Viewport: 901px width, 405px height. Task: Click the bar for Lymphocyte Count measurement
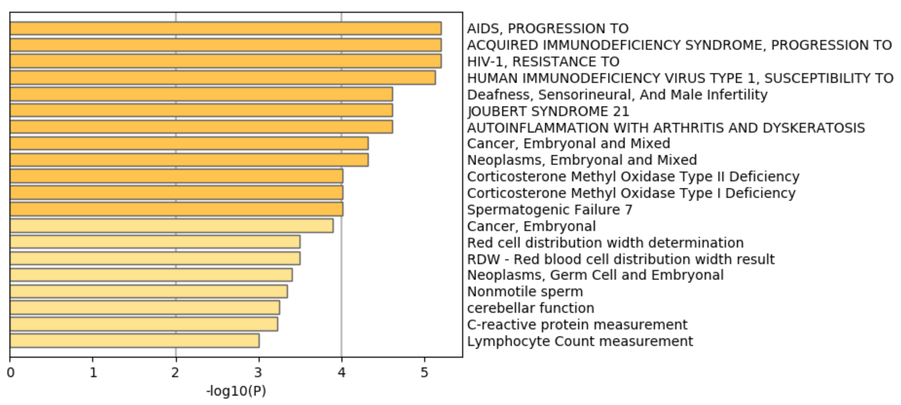[135, 341]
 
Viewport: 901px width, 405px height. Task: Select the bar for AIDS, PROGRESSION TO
[226, 28]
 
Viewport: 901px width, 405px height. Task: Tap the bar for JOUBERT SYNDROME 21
[201, 111]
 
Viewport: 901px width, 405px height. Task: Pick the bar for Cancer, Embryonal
[171, 226]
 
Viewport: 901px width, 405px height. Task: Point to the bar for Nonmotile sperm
[149, 291]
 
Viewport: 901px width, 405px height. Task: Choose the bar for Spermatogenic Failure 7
[177, 209]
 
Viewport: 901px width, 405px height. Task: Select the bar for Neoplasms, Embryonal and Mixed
[189, 160]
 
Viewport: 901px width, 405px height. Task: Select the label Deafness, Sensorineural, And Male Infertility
[617, 95]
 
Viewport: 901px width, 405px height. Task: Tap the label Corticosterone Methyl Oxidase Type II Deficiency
[633, 177]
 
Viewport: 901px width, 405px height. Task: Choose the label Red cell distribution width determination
[605, 243]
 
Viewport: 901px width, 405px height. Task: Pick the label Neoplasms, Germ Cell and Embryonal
[595, 275]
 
